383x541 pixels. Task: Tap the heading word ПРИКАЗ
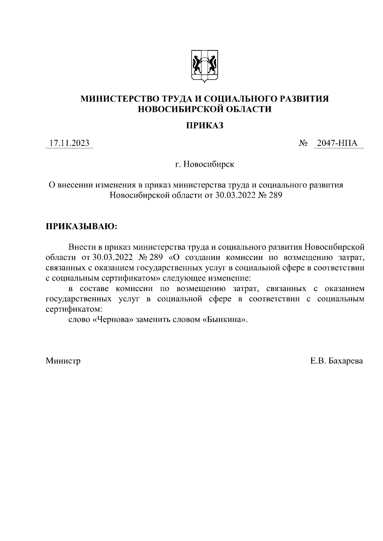205,126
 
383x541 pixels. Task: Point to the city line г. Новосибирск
205,165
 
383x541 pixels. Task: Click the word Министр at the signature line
63,361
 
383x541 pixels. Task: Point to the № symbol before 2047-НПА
303,144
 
